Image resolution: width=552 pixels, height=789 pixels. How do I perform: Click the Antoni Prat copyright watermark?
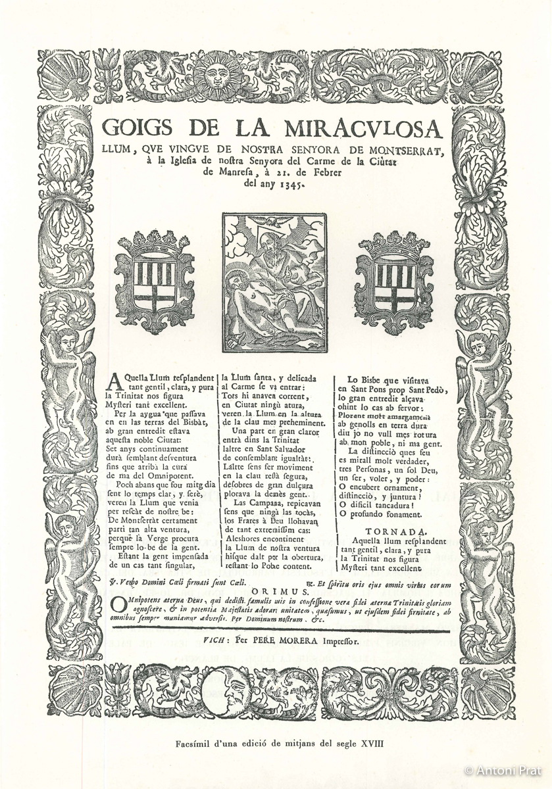click(503, 770)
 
